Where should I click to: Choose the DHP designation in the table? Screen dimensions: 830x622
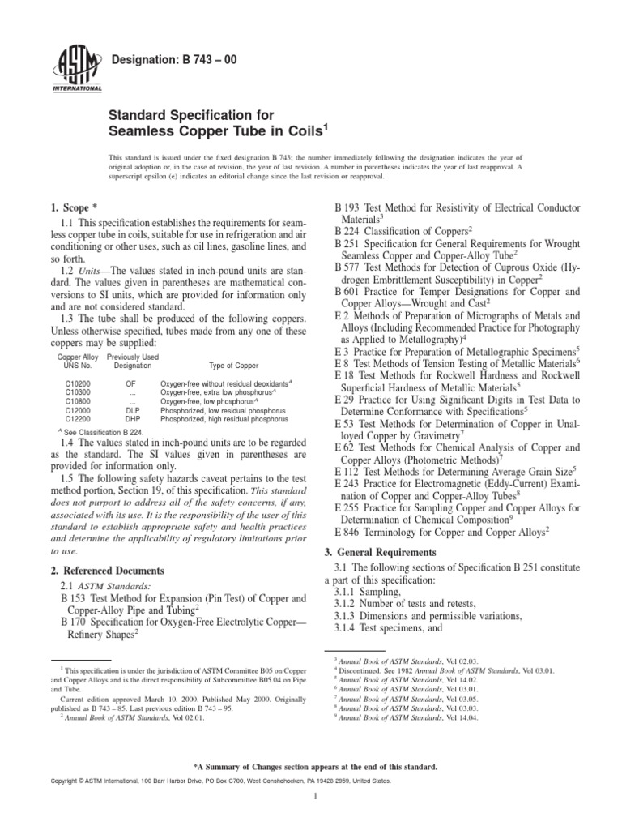click(x=133, y=419)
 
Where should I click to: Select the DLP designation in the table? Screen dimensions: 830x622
click(x=133, y=410)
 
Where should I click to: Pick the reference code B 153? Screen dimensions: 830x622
click(x=78, y=598)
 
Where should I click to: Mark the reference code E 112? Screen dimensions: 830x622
click(x=351, y=468)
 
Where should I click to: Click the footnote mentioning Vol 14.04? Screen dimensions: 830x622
click(x=386, y=717)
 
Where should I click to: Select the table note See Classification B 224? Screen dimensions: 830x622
click(x=103, y=432)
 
